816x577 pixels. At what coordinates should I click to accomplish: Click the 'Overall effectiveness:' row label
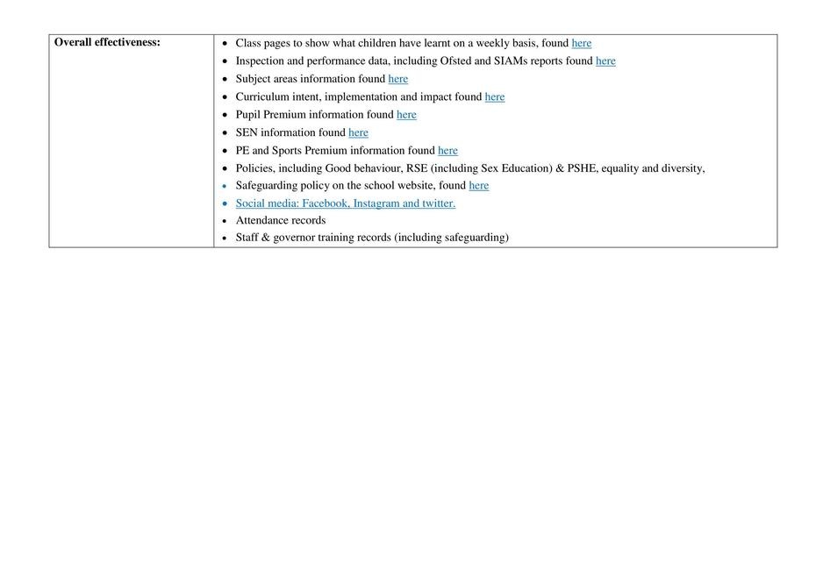107,42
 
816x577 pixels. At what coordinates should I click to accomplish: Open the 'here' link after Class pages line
582,43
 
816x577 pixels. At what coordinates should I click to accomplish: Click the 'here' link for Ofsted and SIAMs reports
605,61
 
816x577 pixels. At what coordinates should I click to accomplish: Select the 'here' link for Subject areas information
398,79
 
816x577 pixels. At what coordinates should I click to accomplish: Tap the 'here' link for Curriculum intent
495,97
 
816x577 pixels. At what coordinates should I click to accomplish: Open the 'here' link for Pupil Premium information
406,115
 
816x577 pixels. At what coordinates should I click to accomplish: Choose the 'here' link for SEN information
358,133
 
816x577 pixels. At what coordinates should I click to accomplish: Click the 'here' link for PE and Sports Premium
447,151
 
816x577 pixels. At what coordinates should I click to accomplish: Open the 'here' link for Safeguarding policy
479,186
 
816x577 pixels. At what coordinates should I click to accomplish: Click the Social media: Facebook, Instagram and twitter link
346,203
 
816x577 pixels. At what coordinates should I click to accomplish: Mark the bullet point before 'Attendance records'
225,221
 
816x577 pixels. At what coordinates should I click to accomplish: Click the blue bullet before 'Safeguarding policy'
225,187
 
